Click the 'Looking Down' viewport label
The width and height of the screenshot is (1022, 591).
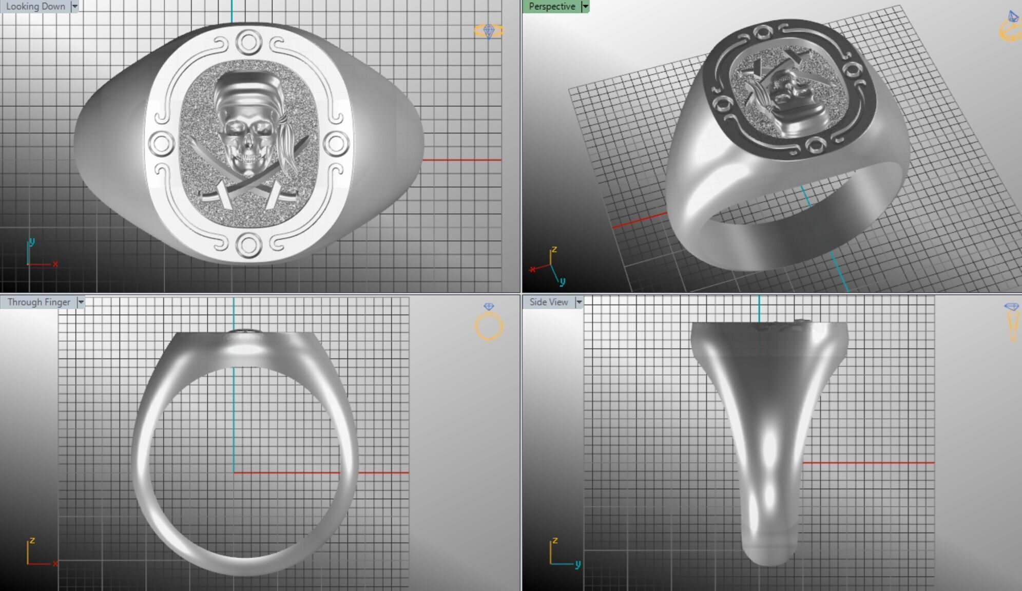(x=35, y=7)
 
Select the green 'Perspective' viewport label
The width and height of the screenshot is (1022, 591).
(x=552, y=7)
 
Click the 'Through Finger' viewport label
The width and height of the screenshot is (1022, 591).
(x=38, y=302)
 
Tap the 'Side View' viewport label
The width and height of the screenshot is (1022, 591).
(x=548, y=302)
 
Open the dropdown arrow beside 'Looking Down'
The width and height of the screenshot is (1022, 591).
(x=75, y=7)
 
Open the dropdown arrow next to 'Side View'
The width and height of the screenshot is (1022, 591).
(x=579, y=302)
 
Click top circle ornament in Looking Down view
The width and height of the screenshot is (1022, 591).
(x=248, y=42)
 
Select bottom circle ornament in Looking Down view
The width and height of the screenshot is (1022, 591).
(x=248, y=245)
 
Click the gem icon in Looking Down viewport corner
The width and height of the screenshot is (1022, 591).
(x=488, y=31)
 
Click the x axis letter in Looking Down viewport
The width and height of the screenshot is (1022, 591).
(x=55, y=264)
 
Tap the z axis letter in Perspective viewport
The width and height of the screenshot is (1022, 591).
(x=554, y=250)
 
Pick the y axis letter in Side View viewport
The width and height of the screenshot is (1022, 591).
(x=577, y=564)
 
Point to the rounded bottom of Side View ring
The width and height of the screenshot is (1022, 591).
(x=769, y=557)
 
